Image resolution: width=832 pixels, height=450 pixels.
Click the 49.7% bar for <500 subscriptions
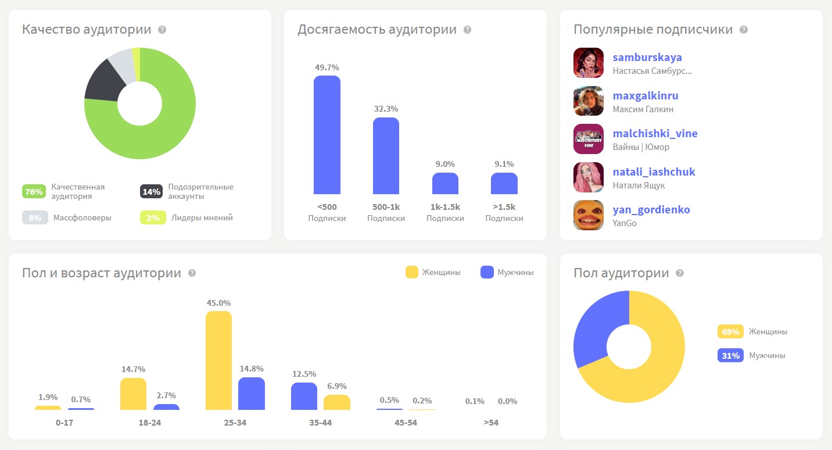[x=327, y=135]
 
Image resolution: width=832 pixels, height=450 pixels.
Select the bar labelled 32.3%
[x=386, y=156]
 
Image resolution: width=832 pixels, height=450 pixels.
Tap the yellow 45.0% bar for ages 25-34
[x=218, y=360]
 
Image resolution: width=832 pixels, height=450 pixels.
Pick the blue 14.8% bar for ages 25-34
[x=252, y=394]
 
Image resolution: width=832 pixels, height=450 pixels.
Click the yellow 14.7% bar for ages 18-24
[x=133, y=394]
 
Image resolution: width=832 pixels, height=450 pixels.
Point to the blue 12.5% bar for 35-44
[x=304, y=396]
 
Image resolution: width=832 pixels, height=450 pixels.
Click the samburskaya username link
[x=647, y=58]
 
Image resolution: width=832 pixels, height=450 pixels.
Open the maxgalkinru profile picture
[x=588, y=101]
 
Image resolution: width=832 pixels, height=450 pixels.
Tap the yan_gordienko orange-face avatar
[x=588, y=215]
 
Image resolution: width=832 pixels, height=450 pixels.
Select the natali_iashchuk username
[x=654, y=172]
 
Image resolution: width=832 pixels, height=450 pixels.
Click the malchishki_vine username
[x=655, y=134]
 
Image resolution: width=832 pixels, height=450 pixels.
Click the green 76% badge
[x=34, y=191]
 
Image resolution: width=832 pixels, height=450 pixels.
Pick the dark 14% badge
[x=151, y=191]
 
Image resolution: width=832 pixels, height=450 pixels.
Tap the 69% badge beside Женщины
[x=730, y=331]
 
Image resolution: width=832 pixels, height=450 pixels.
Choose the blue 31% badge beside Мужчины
[x=730, y=355]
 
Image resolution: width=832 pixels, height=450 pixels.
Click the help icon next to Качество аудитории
[x=162, y=30]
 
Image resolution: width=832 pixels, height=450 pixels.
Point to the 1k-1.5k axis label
[x=445, y=207]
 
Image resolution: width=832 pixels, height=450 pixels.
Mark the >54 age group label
[x=491, y=423]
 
